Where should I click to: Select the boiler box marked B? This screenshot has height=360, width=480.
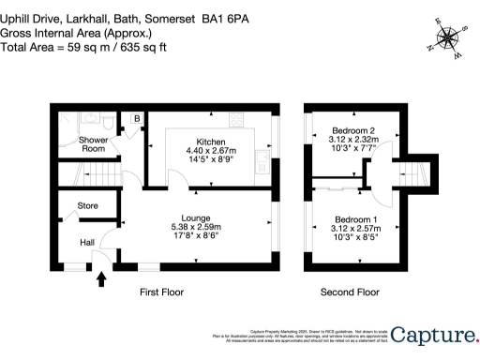click(x=137, y=119)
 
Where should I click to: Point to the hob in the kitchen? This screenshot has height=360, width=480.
click(x=234, y=119)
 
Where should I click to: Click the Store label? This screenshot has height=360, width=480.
click(x=87, y=205)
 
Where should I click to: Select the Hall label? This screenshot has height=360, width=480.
click(x=86, y=243)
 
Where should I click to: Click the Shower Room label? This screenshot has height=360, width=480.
click(x=92, y=144)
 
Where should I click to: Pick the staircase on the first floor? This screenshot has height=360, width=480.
click(x=89, y=174)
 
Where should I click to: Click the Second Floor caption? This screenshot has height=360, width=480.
click(x=349, y=292)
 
